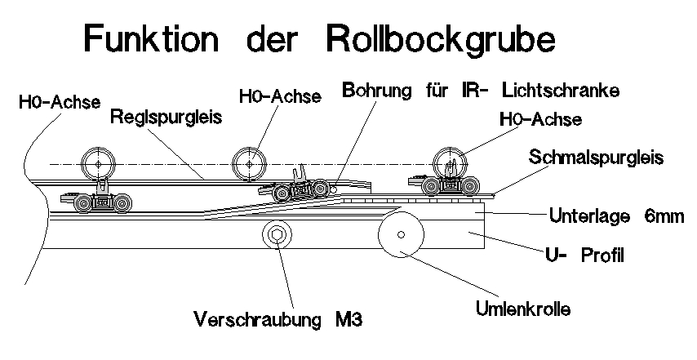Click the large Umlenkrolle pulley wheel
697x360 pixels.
400,235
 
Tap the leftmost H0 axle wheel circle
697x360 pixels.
98,163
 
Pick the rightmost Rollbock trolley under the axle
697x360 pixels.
447,187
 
